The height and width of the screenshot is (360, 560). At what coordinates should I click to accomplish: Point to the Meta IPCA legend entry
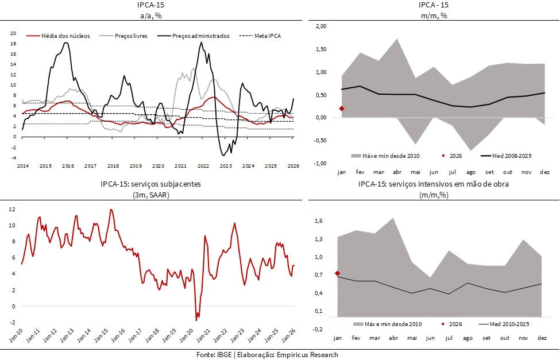tap(268, 36)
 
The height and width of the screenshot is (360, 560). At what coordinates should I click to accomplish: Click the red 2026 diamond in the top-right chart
tap(342, 109)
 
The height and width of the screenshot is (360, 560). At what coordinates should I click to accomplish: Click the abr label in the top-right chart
tap(397, 172)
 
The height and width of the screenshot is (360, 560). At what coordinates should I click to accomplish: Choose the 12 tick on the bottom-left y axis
tap(11, 208)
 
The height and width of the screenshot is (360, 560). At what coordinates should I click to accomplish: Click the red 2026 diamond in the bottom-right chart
tap(337, 273)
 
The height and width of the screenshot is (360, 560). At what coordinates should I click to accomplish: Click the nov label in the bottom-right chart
tap(523, 338)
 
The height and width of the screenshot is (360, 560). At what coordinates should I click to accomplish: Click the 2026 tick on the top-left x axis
tap(293, 166)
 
